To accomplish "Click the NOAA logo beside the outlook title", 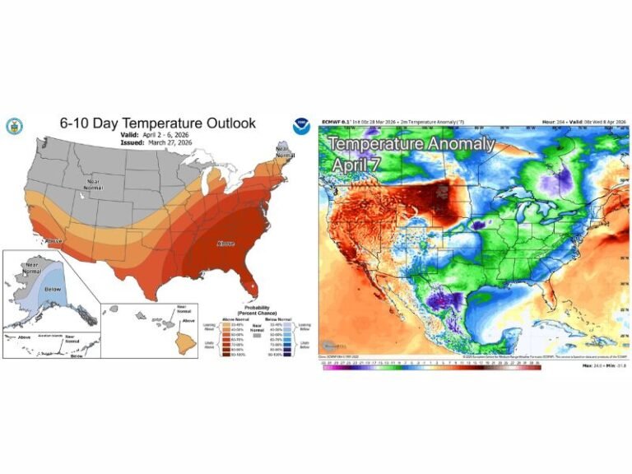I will [x=301, y=126].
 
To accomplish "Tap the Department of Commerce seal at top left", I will [x=15, y=126].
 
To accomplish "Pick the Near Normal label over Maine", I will [x=285, y=153].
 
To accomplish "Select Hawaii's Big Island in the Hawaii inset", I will [x=188, y=344].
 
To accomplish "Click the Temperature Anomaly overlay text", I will [x=412, y=144].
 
